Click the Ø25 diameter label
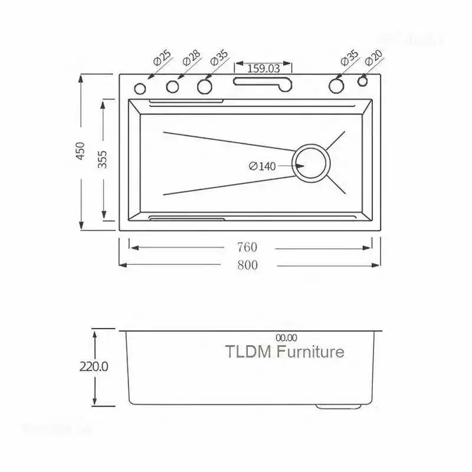162,58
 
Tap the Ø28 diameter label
191,58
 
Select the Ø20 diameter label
374,58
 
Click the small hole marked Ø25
140,88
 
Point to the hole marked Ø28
172,87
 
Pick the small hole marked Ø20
363,83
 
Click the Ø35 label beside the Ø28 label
219,58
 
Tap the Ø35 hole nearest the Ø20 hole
336,86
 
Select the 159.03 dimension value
263,68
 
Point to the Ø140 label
263,166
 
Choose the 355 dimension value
103,159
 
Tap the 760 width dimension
247,248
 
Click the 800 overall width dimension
247,265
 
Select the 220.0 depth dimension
94,366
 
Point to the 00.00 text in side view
286,337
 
